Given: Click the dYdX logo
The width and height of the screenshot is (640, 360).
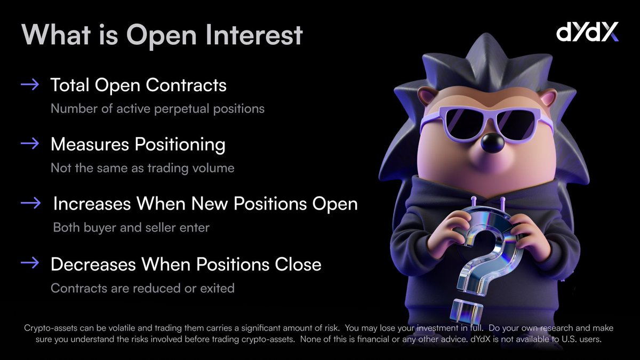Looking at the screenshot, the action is point(587,31).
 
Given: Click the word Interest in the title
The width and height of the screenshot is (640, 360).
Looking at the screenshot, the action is point(254,35).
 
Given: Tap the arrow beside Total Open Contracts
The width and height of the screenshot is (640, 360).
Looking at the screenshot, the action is point(30,85).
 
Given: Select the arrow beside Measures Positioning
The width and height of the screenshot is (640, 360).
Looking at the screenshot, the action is point(30,143).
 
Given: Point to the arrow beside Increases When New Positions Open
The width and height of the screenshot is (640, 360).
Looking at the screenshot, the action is point(31,203).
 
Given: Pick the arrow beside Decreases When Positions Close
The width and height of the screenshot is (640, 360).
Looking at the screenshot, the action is point(30,263).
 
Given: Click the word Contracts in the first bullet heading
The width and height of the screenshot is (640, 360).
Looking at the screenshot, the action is point(186,85).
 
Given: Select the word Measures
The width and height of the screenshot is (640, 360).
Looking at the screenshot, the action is point(90,144).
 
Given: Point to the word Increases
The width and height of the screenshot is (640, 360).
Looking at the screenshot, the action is point(92,204).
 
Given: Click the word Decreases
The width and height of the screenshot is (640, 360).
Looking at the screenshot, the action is point(93,265).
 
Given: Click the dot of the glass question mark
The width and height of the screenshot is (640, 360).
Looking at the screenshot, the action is point(466,311).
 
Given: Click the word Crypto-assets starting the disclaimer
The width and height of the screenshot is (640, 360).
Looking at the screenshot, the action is point(51,328).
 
